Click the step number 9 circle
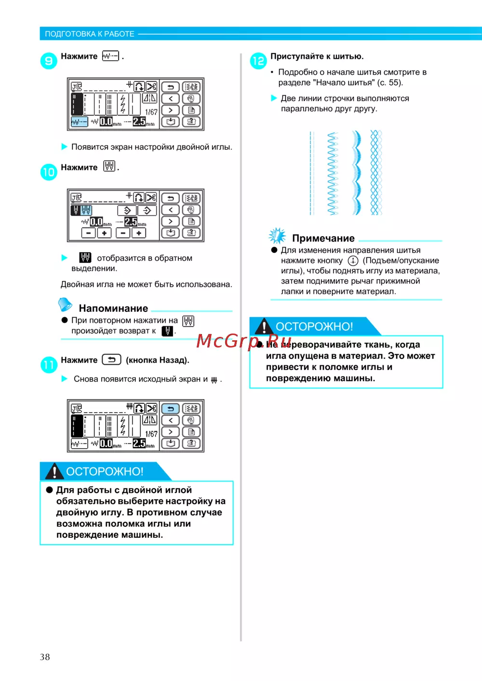[49, 61]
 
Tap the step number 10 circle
[49, 172]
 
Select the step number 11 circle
[49, 365]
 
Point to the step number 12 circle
[258, 61]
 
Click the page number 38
[45, 657]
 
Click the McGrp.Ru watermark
[244, 341]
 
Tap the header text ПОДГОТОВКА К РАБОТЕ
[90, 34]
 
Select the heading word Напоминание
[113, 308]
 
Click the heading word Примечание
[323, 239]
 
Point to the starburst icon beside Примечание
[277, 236]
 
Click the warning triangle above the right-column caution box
[264, 326]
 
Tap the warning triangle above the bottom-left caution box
[54, 471]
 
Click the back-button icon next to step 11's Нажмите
[111, 360]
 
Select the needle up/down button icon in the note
[353, 261]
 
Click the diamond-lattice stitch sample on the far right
[376, 173]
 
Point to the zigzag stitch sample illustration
[333, 173]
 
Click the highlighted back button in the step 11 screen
[170, 409]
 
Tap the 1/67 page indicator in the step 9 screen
[151, 112]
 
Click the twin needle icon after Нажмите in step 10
[109, 167]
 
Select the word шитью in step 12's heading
[348, 56]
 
